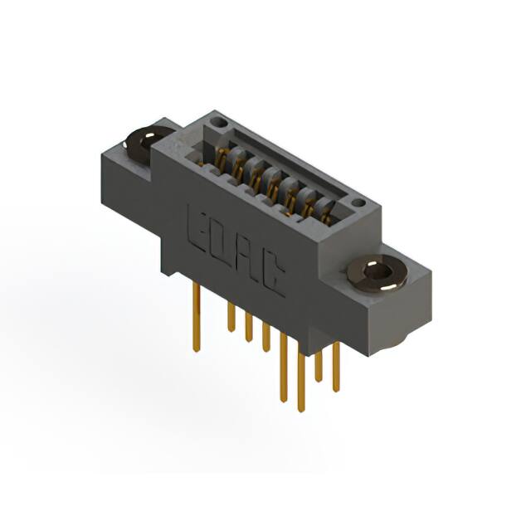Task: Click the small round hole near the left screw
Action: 217,122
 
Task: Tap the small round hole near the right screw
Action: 358,202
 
